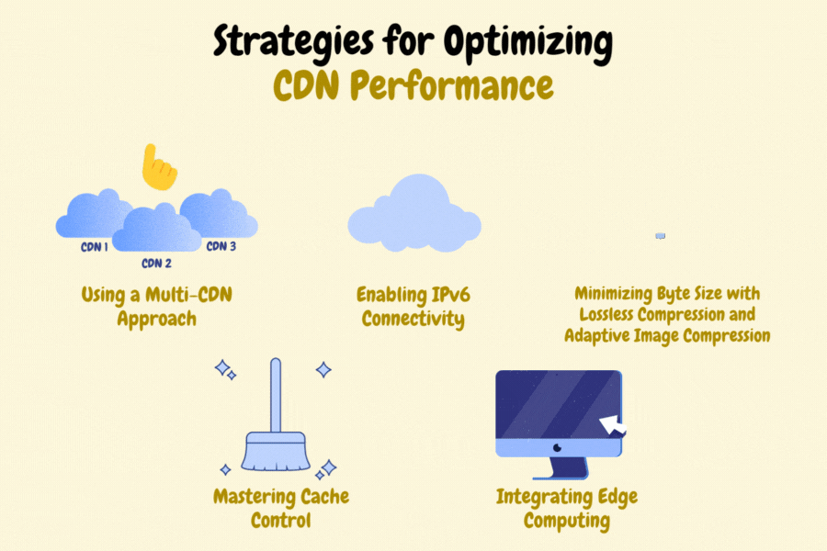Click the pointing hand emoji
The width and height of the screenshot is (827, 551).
[159, 168]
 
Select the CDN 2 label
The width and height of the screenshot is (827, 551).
[156, 264]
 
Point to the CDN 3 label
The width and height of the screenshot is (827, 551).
[221, 246]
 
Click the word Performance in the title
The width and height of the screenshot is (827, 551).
[451, 85]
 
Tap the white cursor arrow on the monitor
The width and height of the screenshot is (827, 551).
[612, 425]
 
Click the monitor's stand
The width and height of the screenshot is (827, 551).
[559, 468]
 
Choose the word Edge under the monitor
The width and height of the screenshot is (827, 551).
[616, 497]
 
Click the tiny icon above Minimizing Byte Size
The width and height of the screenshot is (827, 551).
[660, 236]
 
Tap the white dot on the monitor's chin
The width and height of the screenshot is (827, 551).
[558, 448]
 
